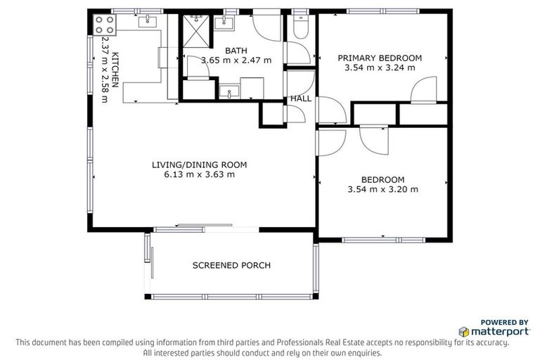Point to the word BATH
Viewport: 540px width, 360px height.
point(236,51)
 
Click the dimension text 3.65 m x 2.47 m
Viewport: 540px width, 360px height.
point(236,60)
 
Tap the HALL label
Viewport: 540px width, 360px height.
point(301,99)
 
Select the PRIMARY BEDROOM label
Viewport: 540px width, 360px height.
point(380,58)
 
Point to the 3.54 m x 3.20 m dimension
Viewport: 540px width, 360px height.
point(382,189)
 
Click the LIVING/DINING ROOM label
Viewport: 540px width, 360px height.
point(199,165)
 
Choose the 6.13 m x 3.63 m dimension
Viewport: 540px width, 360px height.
point(199,175)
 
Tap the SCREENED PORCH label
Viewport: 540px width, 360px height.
point(231,265)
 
